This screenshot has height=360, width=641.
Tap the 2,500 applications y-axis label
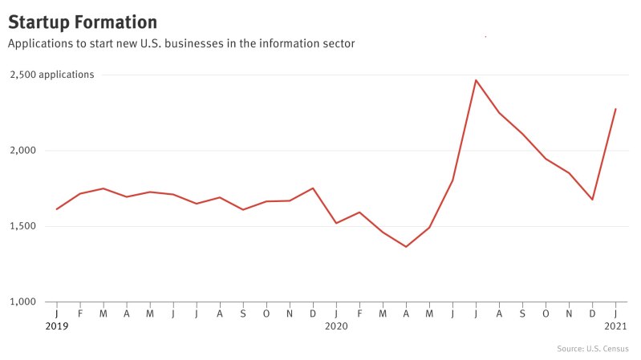(x=52, y=75)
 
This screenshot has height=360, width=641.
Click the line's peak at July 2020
(x=476, y=80)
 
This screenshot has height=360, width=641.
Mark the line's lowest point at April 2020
(x=406, y=246)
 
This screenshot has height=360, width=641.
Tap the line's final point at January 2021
(x=615, y=109)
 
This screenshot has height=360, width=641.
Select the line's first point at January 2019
(x=57, y=209)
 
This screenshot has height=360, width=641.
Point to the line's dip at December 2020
(x=592, y=200)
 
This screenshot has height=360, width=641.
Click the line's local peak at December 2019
(x=313, y=188)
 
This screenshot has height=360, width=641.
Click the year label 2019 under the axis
(x=57, y=326)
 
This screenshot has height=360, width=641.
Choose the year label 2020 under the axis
(x=336, y=326)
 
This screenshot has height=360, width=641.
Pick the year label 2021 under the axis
(x=615, y=326)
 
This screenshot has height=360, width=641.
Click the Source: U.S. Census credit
(x=592, y=349)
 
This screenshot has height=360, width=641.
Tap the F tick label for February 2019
(x=80, y=313)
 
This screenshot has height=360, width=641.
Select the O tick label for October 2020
(x=546, y=313)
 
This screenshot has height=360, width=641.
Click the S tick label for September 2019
(x=243, y=313)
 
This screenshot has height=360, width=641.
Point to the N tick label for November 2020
(x=569, y=313)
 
